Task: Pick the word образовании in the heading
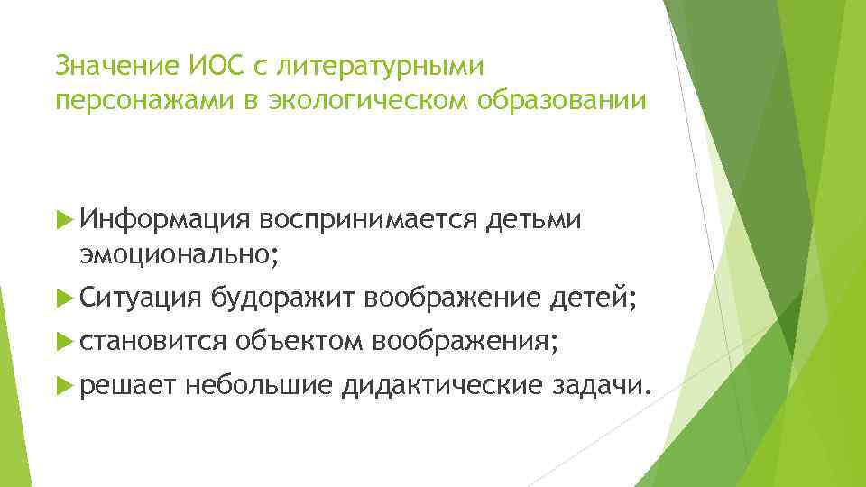[x=557, y=100]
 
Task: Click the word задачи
[x=601, y=387]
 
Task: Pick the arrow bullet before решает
[x=63, y=386]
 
